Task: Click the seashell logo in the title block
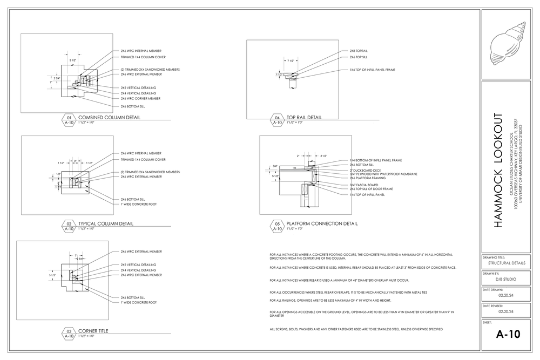click(508, 43)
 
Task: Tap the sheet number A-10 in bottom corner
click(508, 335)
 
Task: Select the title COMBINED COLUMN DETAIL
click(109, 117)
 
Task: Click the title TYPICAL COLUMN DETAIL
click(106, 223)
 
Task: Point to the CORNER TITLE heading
click(93, 330)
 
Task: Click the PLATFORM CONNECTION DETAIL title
click(322, 223)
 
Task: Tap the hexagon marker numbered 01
click(69, 117)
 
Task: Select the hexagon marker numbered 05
click(278, 223)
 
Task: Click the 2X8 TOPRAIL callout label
click(359, 51)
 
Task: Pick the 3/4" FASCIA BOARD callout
click(363, 185)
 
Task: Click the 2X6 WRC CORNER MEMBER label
click(140, 99)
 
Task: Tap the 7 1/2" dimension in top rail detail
click(291, 60)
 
